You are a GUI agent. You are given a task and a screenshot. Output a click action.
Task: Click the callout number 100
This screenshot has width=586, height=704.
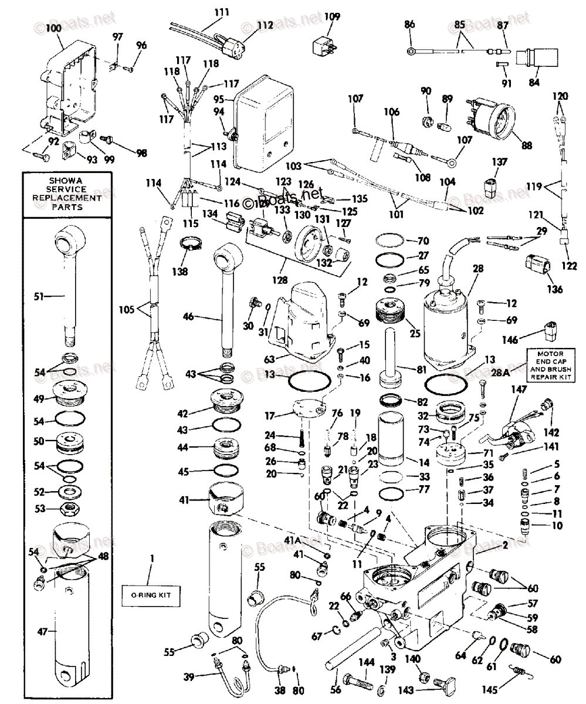tap(53, 28)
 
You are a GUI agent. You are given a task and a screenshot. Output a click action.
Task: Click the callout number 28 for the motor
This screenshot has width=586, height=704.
tap(478, 269)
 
